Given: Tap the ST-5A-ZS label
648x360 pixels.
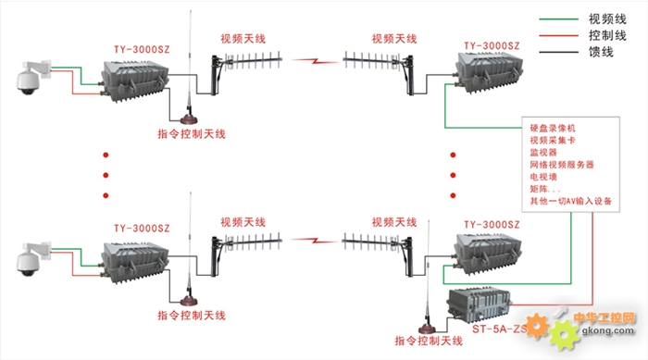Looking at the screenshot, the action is coord(500,329).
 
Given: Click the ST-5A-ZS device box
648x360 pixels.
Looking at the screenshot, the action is coord(479,305).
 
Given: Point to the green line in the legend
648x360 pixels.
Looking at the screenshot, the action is coord(558,19).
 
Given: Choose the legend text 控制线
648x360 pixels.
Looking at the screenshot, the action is coord(607,35).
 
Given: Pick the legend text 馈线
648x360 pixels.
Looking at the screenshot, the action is coord(601,52).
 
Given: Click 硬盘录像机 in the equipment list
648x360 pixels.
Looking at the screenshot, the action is coord(553,128).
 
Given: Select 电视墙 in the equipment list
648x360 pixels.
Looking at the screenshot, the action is coord(543,177).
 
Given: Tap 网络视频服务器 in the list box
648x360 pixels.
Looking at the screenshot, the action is coord(562,165).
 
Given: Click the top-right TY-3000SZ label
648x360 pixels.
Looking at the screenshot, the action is coord(492,46).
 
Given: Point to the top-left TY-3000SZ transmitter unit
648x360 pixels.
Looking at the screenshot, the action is coord(135,81).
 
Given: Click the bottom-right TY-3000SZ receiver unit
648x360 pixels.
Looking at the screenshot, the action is coord(488,254).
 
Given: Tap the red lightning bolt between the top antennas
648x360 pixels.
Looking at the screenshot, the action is coord(315,61).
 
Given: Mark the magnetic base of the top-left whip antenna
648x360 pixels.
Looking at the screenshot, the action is coord(189,120).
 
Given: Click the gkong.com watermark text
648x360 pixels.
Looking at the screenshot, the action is coord(607,330).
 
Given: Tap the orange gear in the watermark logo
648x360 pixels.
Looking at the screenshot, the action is coord(536,326).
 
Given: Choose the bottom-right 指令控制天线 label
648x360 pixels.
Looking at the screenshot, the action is coord(429,341).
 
